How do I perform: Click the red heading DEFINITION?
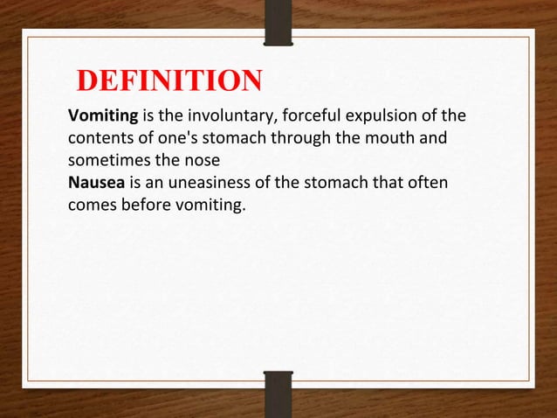tap(169, 82)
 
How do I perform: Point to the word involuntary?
tap(224, 117)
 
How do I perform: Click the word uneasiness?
tap(208, 184)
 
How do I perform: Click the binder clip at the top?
tap(278, 21)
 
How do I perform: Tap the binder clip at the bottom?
tap(278, 393)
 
